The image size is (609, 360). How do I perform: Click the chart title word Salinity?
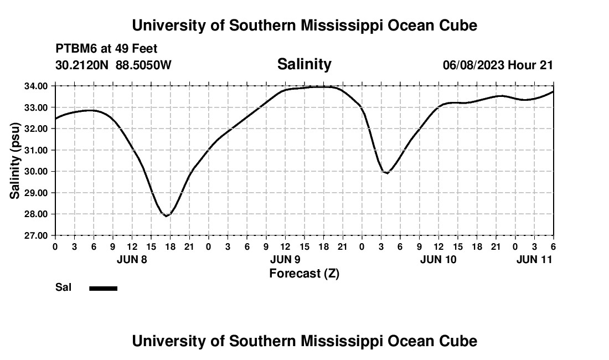(304, 64)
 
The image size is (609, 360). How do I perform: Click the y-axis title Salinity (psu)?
(16, 161)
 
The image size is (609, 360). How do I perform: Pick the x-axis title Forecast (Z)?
(304, 274)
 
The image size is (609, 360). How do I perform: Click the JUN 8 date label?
(132, 259)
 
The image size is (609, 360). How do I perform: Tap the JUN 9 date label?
(285, 259)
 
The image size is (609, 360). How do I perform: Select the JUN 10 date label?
(438, 259)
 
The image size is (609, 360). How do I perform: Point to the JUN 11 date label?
(534, 259)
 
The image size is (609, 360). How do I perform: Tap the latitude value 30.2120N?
(82, 65)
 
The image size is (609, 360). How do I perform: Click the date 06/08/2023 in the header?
(473, 65)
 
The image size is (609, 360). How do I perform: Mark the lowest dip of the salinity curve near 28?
(166, 215)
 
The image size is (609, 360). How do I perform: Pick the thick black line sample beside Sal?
(104, 288)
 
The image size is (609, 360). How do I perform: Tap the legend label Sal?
(63, 287)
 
